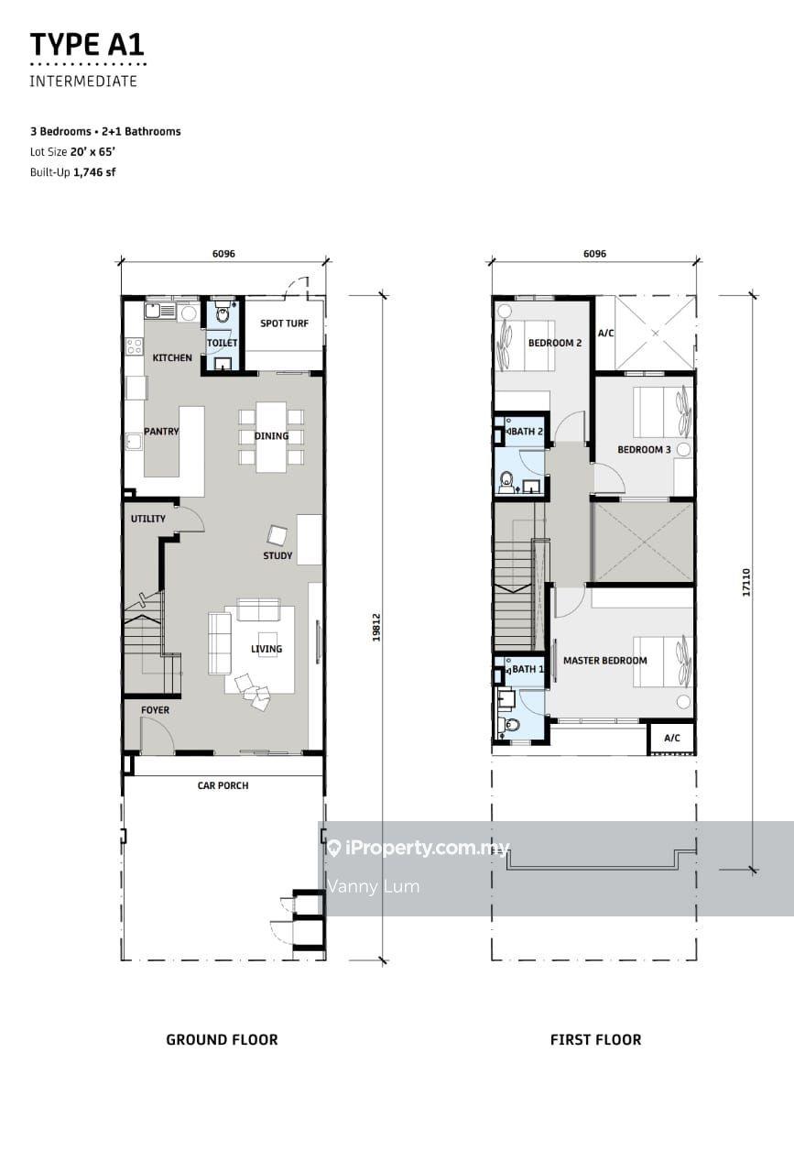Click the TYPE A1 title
point(87,45)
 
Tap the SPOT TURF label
point(284,323)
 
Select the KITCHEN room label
point(172,357)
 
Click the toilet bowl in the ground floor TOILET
point(223,313)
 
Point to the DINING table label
point(271,435)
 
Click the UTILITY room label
point(148,519)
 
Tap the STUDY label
point(277,555)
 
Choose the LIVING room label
point(266,649)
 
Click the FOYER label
point(155,710)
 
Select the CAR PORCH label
point(223,785)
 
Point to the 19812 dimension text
point(376,628)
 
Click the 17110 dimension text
point(746,582)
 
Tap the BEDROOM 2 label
point(555,343)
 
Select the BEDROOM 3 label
point(644,449)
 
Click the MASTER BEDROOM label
point(605,661)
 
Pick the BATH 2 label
point(528,432)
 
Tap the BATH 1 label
point(528,669)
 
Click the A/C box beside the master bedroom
point(672,739)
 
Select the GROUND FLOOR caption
point(222,1039)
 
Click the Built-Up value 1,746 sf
point(94,172)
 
